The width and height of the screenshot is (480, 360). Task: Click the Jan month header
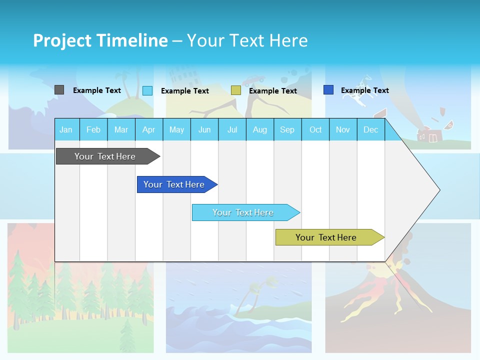point(66,129)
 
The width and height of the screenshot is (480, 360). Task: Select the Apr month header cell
point(149,129)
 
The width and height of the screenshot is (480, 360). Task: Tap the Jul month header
point(232,129)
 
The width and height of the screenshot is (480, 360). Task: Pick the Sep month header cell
point(287,129)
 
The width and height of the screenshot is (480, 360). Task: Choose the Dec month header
point(370,129)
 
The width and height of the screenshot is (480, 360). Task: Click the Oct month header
point(315,129)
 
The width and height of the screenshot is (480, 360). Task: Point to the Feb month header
point(93,129)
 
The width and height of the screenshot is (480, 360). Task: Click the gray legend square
point(59,90)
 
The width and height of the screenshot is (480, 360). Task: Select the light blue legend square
point(147,90)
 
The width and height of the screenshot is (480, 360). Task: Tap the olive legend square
point(236,90)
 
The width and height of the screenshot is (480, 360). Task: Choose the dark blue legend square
point(328,90)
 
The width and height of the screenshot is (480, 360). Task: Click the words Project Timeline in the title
point(100,40)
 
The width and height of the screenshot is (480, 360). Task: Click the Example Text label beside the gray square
point(97,90)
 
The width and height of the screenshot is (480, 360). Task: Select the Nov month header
point(343,129)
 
